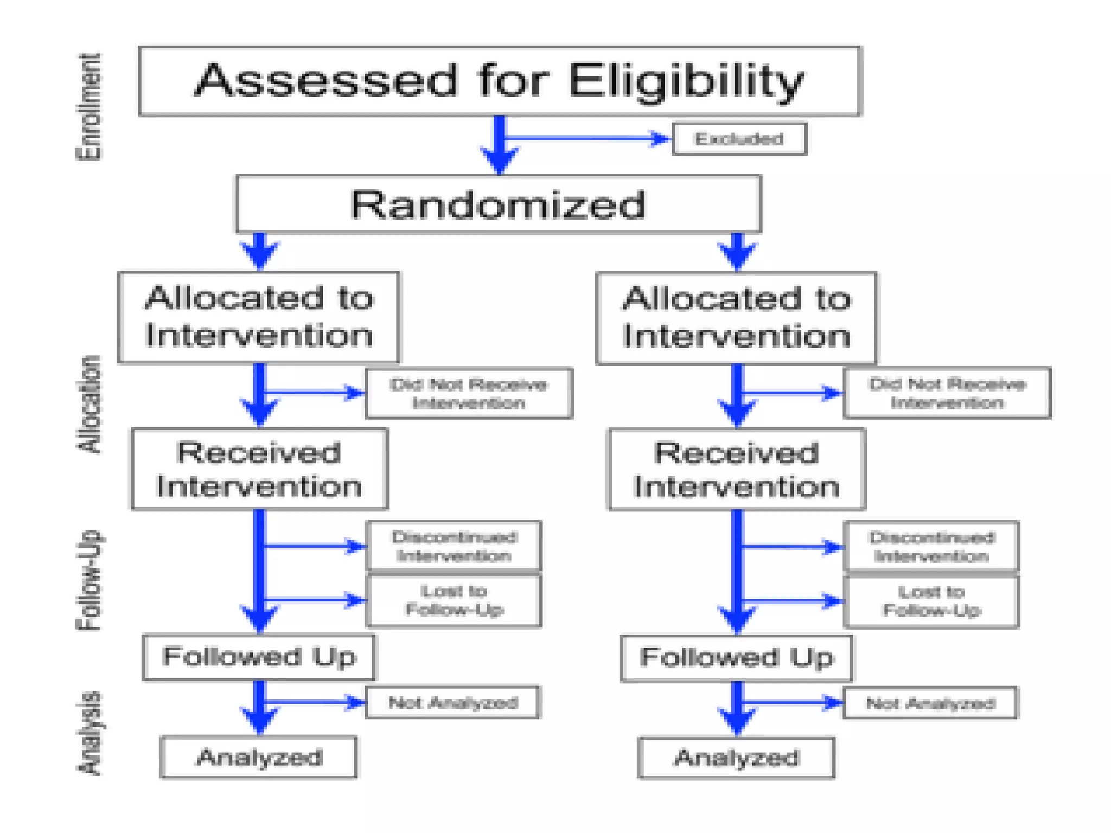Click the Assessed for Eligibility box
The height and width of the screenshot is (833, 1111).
pyautogui.click(x=499, y=81)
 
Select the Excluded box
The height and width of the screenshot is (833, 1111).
pyautogui.click(x=739, y=139)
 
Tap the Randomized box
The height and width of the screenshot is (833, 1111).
pyautogui.click(x=498, y=204)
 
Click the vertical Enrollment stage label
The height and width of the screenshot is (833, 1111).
pyautogui.click(x=88, y=107)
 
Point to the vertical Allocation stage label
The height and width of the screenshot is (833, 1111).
pyautogui.click(x=88, y=404)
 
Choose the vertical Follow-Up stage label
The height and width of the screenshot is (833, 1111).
pyautogui.click(x=88, y=580)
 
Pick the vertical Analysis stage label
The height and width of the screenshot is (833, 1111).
pyautogui.click(x=88, y=733)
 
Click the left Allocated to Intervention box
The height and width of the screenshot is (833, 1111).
pyautogui.click(x=259, y=317)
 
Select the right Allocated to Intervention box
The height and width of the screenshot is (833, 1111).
pyautogui.click(x=736, y=318)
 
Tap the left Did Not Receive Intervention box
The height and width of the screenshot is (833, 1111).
pyautogui.click(x=469, y=393)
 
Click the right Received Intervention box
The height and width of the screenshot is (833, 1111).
pyautogui.click(x=736, y=470)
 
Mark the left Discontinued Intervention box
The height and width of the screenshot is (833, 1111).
pyautogui.click(x=454, y=546)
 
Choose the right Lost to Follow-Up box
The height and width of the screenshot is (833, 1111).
pyautogui.click(x=931, y=601)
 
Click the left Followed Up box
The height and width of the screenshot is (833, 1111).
pyautogui.click(x=259, y=657)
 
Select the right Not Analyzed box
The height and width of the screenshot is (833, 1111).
pyautogui.click(x=930, y=703)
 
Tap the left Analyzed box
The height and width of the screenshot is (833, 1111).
pyautogui.click(x=259, y=757)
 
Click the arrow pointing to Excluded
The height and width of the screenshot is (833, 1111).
pyautogui.click(x=586, y=138)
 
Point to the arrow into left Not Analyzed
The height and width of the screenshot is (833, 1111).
pyautogui.click(x=315, y=702)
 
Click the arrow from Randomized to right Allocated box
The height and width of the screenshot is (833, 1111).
pyautogui.click(x=737, y=252)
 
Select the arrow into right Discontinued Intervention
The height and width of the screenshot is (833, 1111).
pyautogui.click(x=792, y=547)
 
